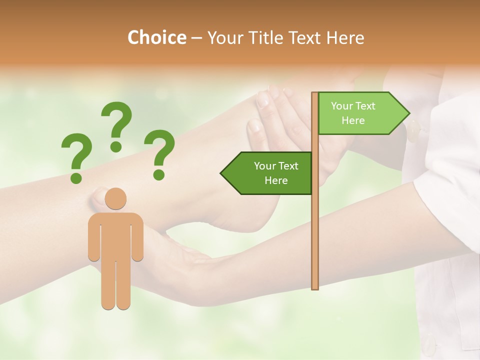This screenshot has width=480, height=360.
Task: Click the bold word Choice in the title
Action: pos(156,38)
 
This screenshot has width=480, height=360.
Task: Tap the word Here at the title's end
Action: pos(345,38)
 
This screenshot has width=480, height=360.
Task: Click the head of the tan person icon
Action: pos(116,198)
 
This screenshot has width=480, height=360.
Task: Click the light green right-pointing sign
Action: pos(360,113)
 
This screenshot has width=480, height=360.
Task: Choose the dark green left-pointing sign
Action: pos(270,173)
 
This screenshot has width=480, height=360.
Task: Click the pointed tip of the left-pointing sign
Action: pos(222,173)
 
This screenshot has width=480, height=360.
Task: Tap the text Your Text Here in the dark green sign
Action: pos(275,173)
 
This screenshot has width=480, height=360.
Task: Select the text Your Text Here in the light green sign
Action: pos(353,113)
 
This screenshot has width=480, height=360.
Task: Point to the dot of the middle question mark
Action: pos(116,146)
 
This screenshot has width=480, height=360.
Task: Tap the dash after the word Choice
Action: pos(196,38)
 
